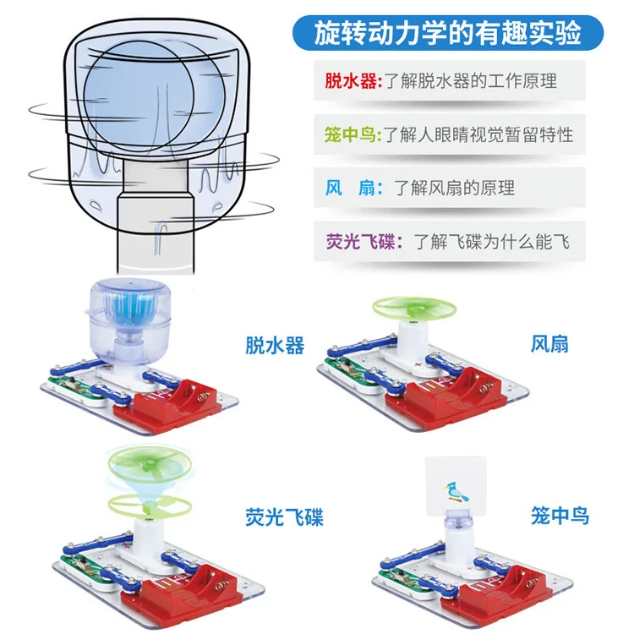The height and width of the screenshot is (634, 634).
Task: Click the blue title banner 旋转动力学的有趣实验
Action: click(448, 33)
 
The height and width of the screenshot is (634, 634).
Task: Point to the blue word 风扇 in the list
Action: click(351, 188)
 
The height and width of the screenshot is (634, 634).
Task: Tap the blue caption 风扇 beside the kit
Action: click(549, 343)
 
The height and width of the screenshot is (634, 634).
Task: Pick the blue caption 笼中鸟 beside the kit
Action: click(560, 514)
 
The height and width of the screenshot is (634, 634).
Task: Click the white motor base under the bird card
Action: click(460, 541)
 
